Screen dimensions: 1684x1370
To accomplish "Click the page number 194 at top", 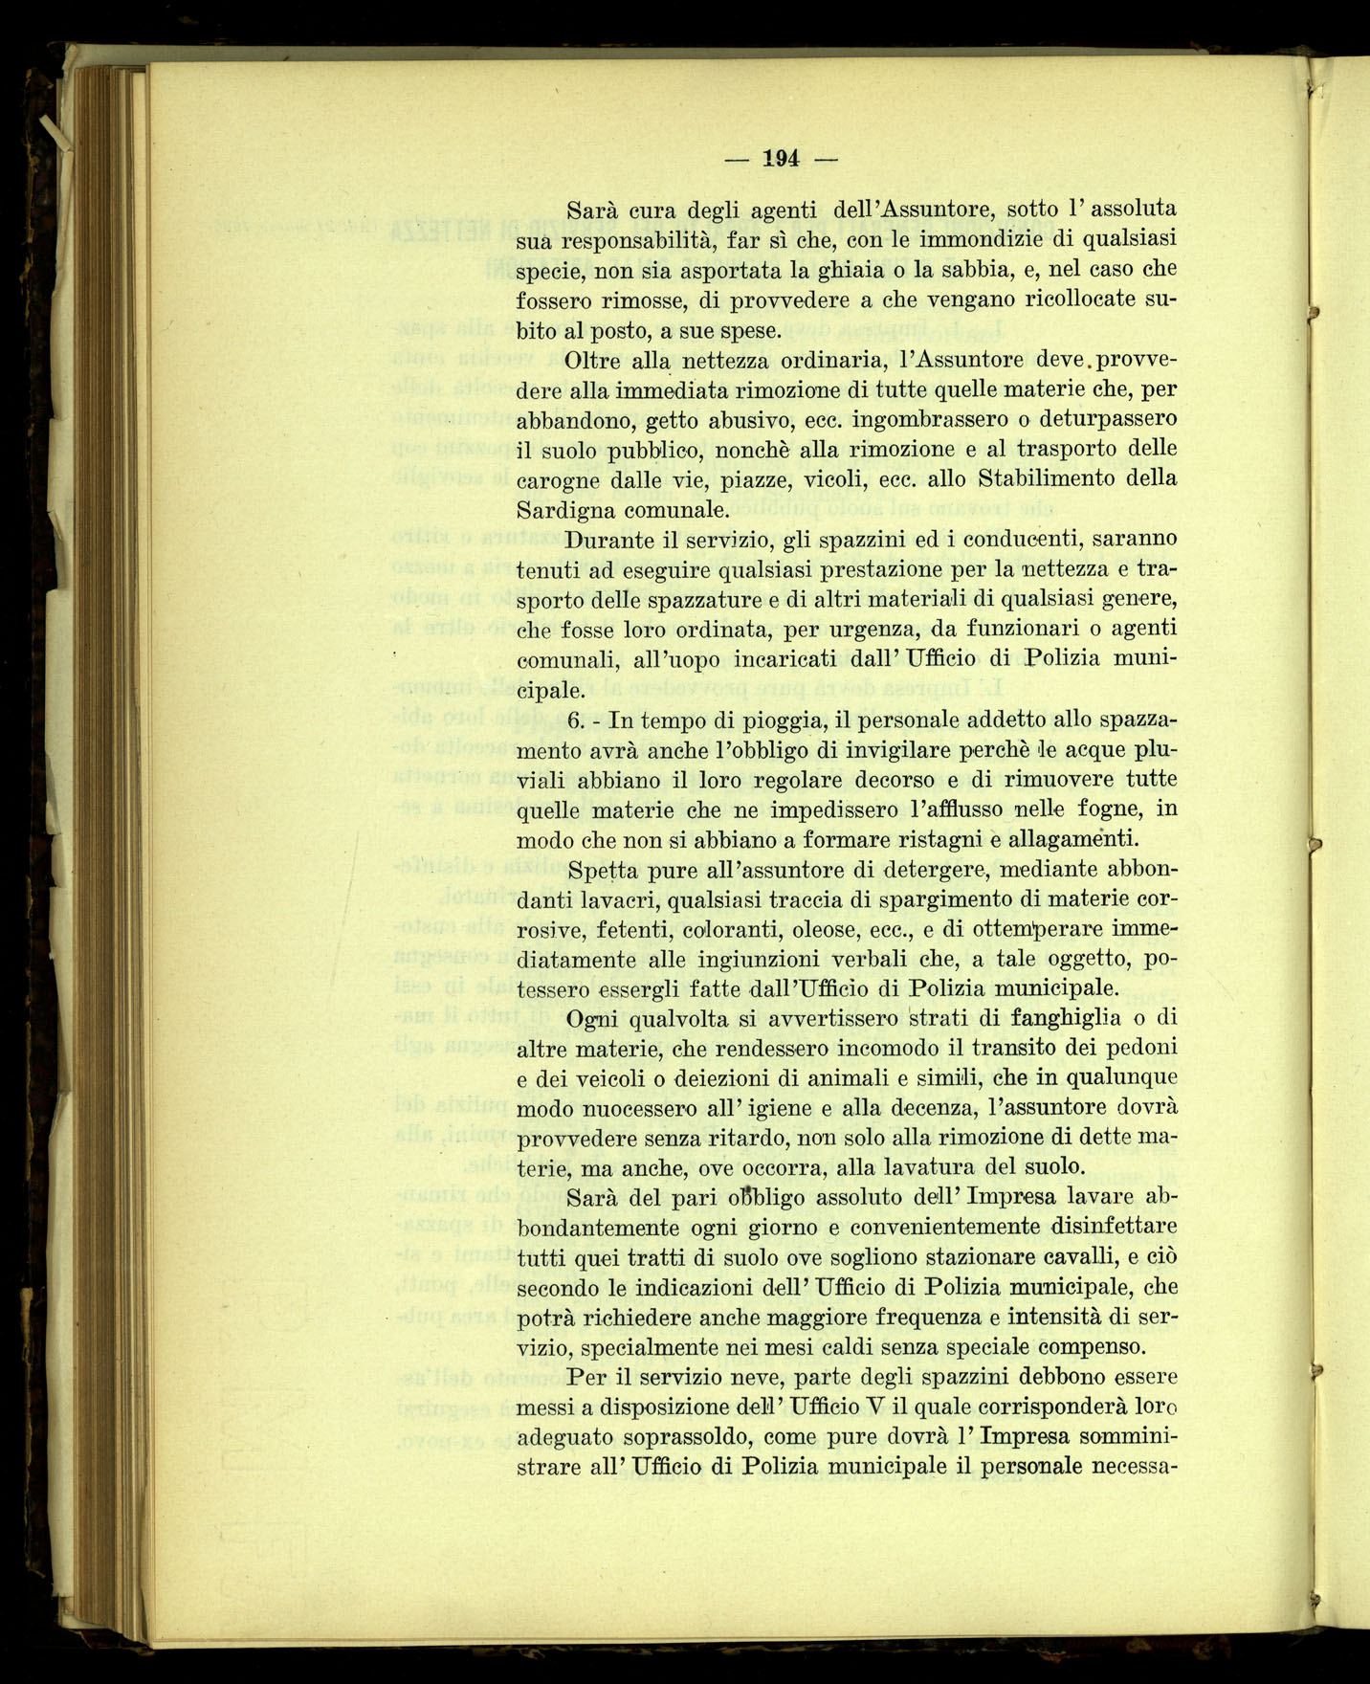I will point(781,159).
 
